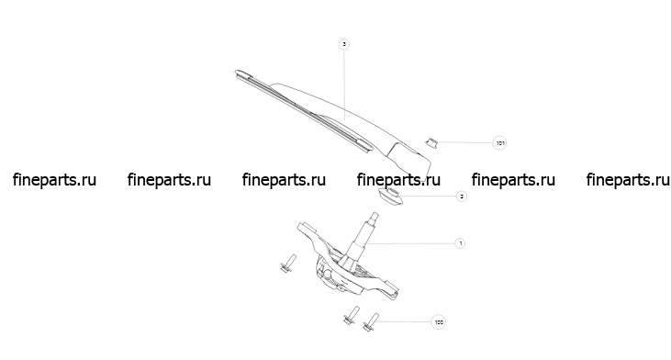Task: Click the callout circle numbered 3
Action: [343, 44]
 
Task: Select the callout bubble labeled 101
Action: [499, 142]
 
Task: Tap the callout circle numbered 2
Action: [461, 196]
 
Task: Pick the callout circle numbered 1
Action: [460, 243]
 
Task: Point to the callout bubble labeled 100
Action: [438, 322]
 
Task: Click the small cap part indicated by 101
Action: [431, 142]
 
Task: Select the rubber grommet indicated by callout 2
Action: [389, 196]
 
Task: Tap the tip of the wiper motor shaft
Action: [375, 214]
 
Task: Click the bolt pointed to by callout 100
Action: [370, 322]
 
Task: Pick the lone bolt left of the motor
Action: [288, 264]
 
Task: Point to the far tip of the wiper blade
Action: [238, 72]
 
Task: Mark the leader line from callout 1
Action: [408, 243]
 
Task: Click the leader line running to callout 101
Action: [464, 142]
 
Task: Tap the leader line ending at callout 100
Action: [405, 321]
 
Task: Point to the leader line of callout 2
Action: [429, 196]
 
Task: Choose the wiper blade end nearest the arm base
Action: [367, 147]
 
